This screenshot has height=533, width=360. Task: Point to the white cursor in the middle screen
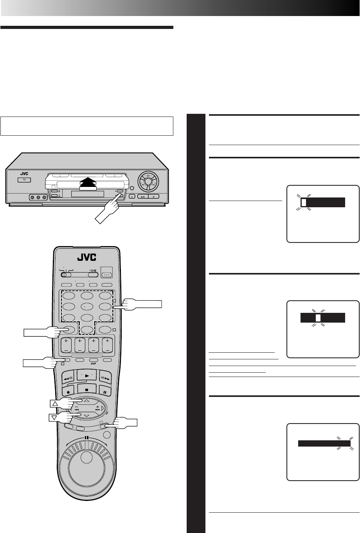pos(318,318)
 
